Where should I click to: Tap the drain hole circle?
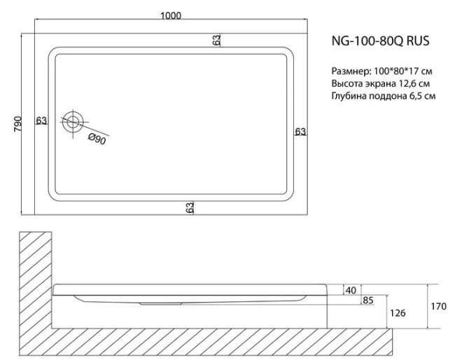pyautogui.click(x=73, y=123)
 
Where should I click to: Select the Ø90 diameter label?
pyautogui.click(x=97, y=139)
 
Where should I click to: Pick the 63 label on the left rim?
pyautogui.click(x=41, y=120)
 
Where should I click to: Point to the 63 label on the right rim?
pyautogui.click(x=300, y=131)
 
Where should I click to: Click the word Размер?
pyautogui.click(x=348, y=71)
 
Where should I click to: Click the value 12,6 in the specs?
pyautogui.click(x=410, y=84)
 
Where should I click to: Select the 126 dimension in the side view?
pyautogui.click(x=398, y=312)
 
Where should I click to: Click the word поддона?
pyautogui.click(x=388, y=97)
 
